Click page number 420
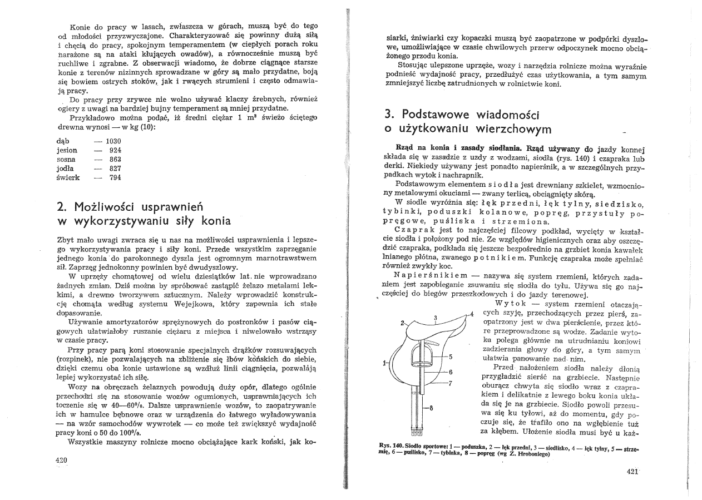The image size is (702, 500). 62,459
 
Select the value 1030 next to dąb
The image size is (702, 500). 113,141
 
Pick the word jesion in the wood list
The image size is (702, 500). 67,150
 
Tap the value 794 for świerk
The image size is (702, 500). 115,177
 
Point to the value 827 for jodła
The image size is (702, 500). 115,169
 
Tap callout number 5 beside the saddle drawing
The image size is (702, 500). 451,357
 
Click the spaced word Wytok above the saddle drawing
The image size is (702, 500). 510,303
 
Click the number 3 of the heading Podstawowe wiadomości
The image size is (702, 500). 389,114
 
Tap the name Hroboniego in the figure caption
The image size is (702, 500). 531,453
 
